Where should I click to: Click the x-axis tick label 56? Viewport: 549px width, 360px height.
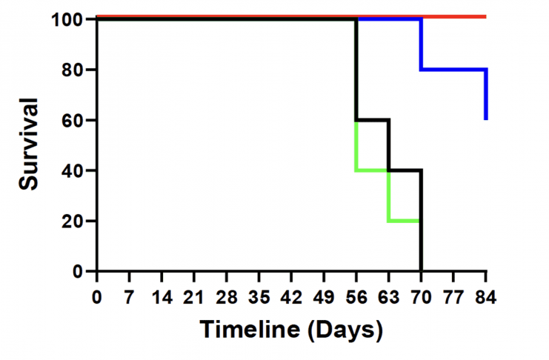(x=356, y=298)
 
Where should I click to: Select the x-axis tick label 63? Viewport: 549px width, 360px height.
(x=389, y=298)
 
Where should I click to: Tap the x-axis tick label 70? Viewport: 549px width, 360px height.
(x=422, y=298)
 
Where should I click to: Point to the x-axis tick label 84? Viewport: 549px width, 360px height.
(x=486, y=298)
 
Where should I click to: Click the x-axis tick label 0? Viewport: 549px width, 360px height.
(x=97, y=298)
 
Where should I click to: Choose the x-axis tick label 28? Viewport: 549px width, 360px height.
(x=227, y=298)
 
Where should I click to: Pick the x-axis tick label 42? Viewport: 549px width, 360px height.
(x=291, y=298)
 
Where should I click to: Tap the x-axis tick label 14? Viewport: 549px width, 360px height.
(x=162, y=298)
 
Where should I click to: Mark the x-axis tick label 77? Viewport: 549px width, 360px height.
(x=453, y=298)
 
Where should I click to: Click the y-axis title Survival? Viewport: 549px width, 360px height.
(x=30, y=145)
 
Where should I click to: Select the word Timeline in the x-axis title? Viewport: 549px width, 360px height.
(x=250, y=329)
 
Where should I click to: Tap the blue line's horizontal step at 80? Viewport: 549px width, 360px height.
(x=453, y=70)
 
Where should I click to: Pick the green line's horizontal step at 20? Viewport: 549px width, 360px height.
(x=405, y=221)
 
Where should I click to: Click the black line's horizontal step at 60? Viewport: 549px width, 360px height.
(x=373, y=119)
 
